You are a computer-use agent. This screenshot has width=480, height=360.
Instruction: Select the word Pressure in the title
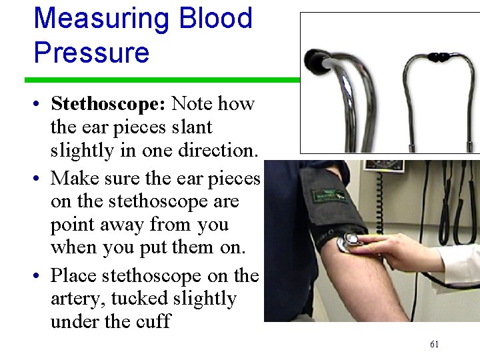pos(91,52)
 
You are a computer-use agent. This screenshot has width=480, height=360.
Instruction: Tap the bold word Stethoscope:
pos(108,103)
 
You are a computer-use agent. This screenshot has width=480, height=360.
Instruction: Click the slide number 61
pos(434,345)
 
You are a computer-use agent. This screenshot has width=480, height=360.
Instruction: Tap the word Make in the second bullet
pos(74,178)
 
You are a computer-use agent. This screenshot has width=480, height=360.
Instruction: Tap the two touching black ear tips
pos(438,57)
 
